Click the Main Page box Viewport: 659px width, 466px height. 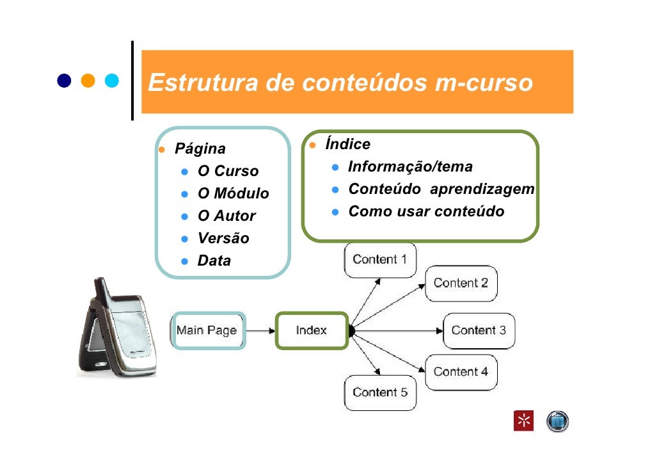(207, 330)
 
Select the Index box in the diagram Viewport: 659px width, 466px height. (312, 330)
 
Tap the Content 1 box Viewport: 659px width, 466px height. (380, 259)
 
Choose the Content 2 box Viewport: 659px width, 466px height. (461, 283)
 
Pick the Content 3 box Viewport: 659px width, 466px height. (479, 330)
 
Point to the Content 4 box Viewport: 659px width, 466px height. (461, 371)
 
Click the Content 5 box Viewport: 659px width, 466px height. (380, 392)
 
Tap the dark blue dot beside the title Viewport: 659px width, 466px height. (64, 81)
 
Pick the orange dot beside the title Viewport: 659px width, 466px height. (88, 81)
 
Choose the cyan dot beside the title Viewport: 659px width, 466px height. (113, 81)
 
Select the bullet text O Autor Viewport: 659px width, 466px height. (226, 216)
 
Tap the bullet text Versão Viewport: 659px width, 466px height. (223, 239)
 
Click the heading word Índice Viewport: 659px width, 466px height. (347, 145)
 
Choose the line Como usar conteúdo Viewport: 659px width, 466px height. (426, 211)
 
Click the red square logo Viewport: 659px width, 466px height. (523, 421)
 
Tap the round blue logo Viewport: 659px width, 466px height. (557, 421)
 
